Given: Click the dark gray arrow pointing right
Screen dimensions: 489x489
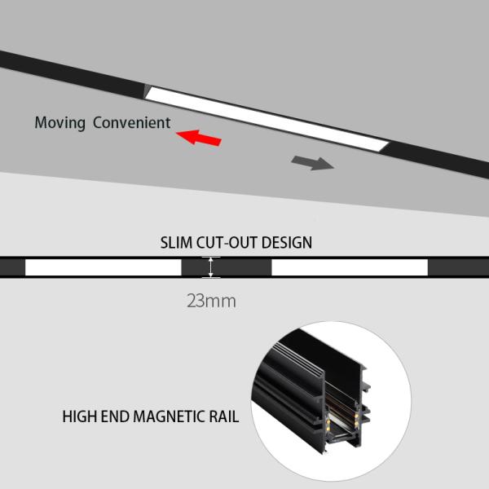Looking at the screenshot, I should click(x=313, y=161).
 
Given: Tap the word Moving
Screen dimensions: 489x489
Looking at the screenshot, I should click(x=60, y=124).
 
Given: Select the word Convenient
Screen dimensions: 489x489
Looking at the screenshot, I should click(x=131, y=124).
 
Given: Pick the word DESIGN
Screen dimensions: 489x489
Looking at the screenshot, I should click(x=288, y=242).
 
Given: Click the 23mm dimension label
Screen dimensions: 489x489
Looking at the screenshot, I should click(x=211, y=301).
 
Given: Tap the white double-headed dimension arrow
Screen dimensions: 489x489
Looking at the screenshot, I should click(x=212, y=267).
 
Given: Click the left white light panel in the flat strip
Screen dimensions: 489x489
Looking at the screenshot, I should click(x=103, y=267).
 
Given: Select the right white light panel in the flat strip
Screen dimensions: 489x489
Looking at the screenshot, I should click(x=349, y=267).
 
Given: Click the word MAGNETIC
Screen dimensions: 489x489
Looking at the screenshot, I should click(x=172, y=417).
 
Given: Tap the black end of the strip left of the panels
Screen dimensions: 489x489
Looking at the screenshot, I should click(x=12, y=267).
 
